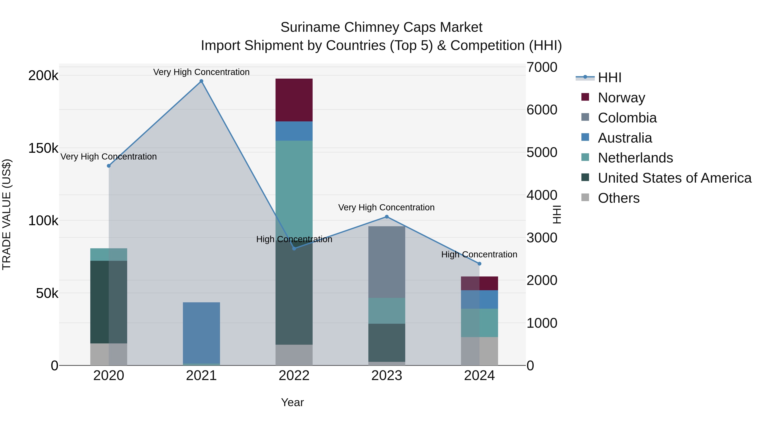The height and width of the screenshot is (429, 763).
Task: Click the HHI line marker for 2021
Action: (201, 81)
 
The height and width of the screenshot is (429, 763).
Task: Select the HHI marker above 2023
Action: (387, 217)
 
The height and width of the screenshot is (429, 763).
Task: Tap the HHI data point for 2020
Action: (109, 166)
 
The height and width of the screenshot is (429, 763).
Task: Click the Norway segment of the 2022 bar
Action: (294, 100)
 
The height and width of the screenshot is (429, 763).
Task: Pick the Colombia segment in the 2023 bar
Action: (387, 262)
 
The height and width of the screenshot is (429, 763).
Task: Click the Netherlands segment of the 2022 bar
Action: (294, 189)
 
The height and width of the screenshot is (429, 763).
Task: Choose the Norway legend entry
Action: (621, 98)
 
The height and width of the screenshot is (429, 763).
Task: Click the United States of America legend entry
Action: (674, 178)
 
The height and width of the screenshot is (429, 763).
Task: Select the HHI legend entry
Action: (609, 78)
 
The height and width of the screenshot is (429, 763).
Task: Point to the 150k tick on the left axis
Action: (43, 148)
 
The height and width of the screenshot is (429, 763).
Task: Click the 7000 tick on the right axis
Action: (542, 67)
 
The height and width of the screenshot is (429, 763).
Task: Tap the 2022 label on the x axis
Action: (294, 376)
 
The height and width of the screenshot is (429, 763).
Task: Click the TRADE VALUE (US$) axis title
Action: (7, 214)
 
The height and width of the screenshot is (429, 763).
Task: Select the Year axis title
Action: (292, 402)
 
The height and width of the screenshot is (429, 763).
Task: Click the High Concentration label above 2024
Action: (479, 254)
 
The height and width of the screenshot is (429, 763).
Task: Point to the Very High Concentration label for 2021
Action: (201, 72)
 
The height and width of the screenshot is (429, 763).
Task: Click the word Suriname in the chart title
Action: (310, 27)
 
